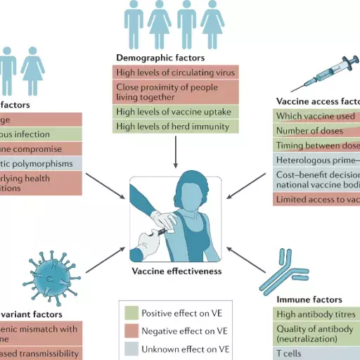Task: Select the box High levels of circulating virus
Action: click(x=176, y=71)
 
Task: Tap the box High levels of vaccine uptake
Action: click(x=176, y=112)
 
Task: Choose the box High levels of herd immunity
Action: click(x=176, y=127)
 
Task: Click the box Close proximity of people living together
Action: click(x=176, y=91)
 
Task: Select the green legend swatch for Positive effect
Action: click(x=130, y=313)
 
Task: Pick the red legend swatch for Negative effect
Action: click(x=130, y=330)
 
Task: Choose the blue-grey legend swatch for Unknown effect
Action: click(x=130, y=348)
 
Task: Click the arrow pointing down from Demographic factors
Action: click(x=176, y=153)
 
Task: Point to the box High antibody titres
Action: click(x=316, y=314)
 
